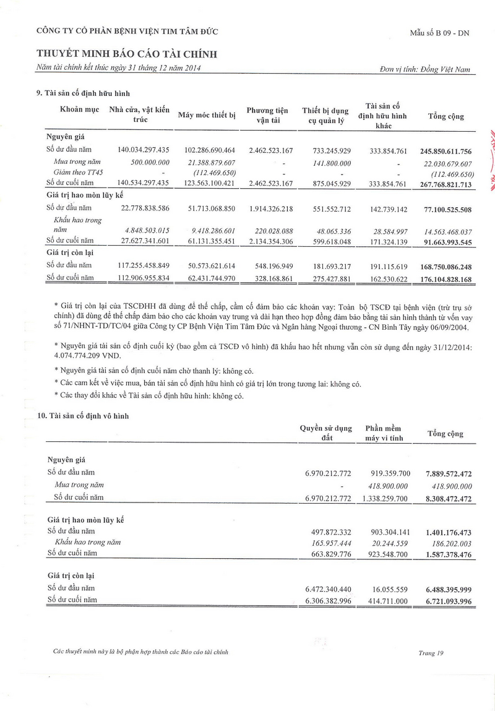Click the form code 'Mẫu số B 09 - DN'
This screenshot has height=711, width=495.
[439, 33]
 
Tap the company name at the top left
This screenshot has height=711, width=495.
[127, 31]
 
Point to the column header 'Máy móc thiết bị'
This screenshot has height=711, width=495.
[207, 115]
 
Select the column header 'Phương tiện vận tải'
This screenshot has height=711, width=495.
[267, 116]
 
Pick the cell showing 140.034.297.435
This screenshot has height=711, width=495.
[143, 150]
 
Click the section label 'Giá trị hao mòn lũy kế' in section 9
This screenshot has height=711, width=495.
[84, 196]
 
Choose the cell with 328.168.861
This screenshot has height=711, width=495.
[267, 278]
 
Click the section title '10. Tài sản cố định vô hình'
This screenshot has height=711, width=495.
[83, 416]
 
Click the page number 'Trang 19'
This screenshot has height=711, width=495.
[431, 652]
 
